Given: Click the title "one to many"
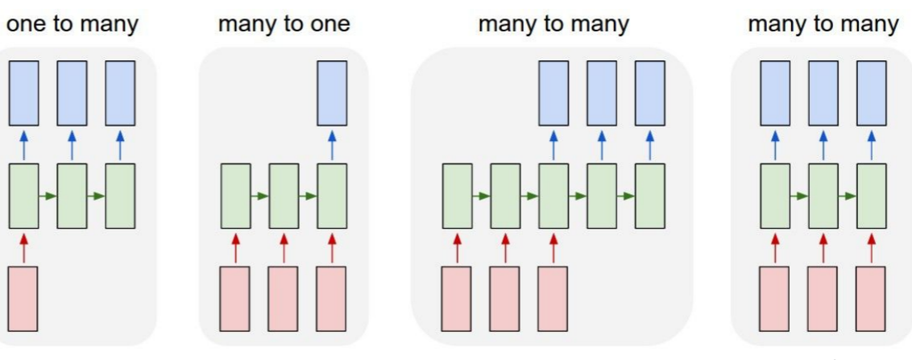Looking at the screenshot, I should (73, 25).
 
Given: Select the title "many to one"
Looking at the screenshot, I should (284, 25).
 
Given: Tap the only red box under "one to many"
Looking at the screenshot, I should (23, 297).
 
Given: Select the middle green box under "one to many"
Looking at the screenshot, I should (72, 196).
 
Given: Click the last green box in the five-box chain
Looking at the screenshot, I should (649, 196).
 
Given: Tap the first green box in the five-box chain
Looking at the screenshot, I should (457, 196).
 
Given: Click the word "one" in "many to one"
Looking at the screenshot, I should (331, 25).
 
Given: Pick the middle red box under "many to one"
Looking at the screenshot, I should (284, 297).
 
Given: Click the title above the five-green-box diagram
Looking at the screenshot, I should (553, 25).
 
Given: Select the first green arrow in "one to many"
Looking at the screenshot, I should (48, 196).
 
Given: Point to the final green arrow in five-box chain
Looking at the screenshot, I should (626, 196).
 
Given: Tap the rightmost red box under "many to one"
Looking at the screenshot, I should (332, 297).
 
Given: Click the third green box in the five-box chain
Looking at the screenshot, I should (553, 196).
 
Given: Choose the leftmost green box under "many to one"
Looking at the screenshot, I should (235, 196).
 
